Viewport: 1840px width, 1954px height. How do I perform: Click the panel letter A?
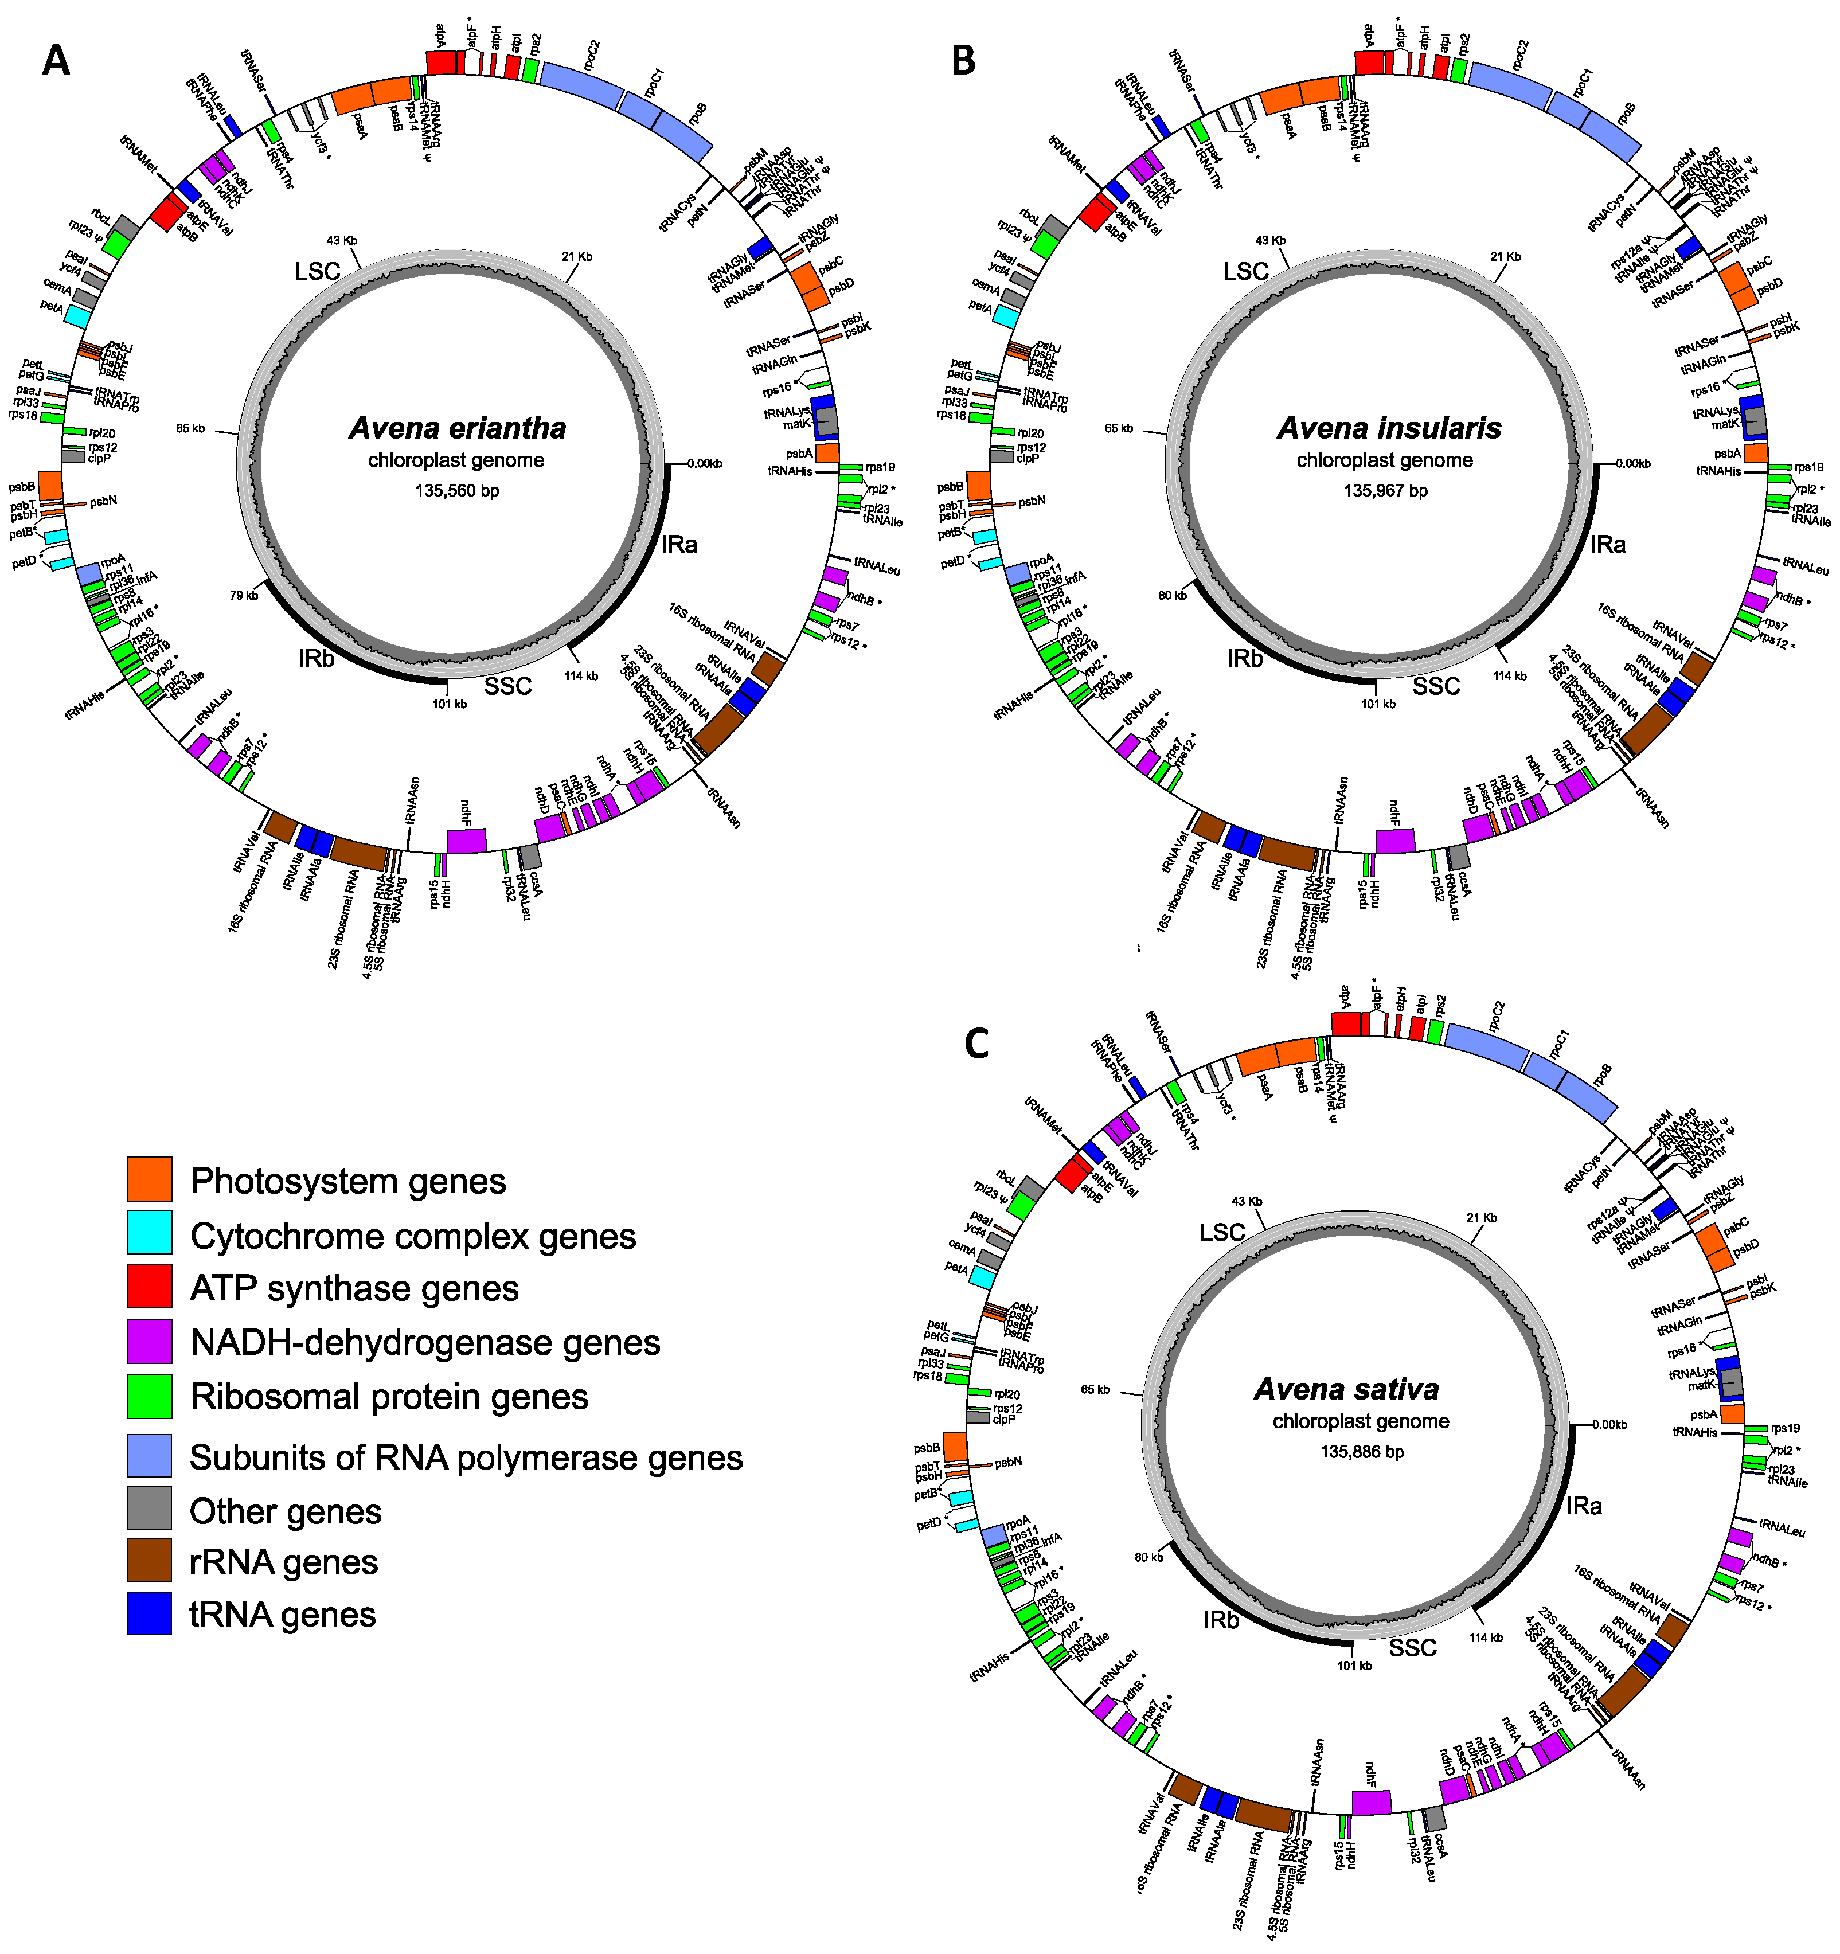(56, 61)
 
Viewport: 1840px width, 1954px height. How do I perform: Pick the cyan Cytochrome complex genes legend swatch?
(150, 1233)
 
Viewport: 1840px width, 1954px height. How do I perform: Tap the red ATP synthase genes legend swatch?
(150, 1287)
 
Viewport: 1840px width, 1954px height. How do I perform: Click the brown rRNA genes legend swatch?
(150, 1560)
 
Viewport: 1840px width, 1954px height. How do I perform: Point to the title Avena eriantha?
(457, 428)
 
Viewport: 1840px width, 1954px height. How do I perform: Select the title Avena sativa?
(1346, 1389)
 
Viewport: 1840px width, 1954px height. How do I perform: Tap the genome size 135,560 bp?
(457, 490)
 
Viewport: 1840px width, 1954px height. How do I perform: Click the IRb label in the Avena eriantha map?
(317, 659)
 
